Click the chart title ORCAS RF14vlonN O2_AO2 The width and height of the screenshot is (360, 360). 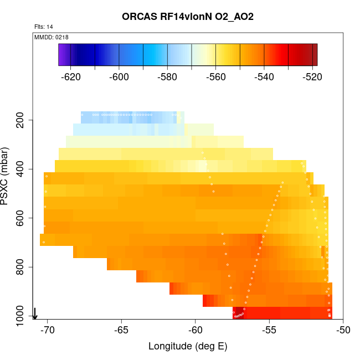[188, 17]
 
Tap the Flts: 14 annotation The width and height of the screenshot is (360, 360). [43, 27]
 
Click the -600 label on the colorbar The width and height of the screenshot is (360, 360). [119, 77]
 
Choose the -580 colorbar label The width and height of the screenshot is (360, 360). [167, 77]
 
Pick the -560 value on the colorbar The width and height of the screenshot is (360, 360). [215, 77]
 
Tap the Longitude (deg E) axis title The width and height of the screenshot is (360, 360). [188, 346]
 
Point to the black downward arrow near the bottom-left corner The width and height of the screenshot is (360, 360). [35, 313]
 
